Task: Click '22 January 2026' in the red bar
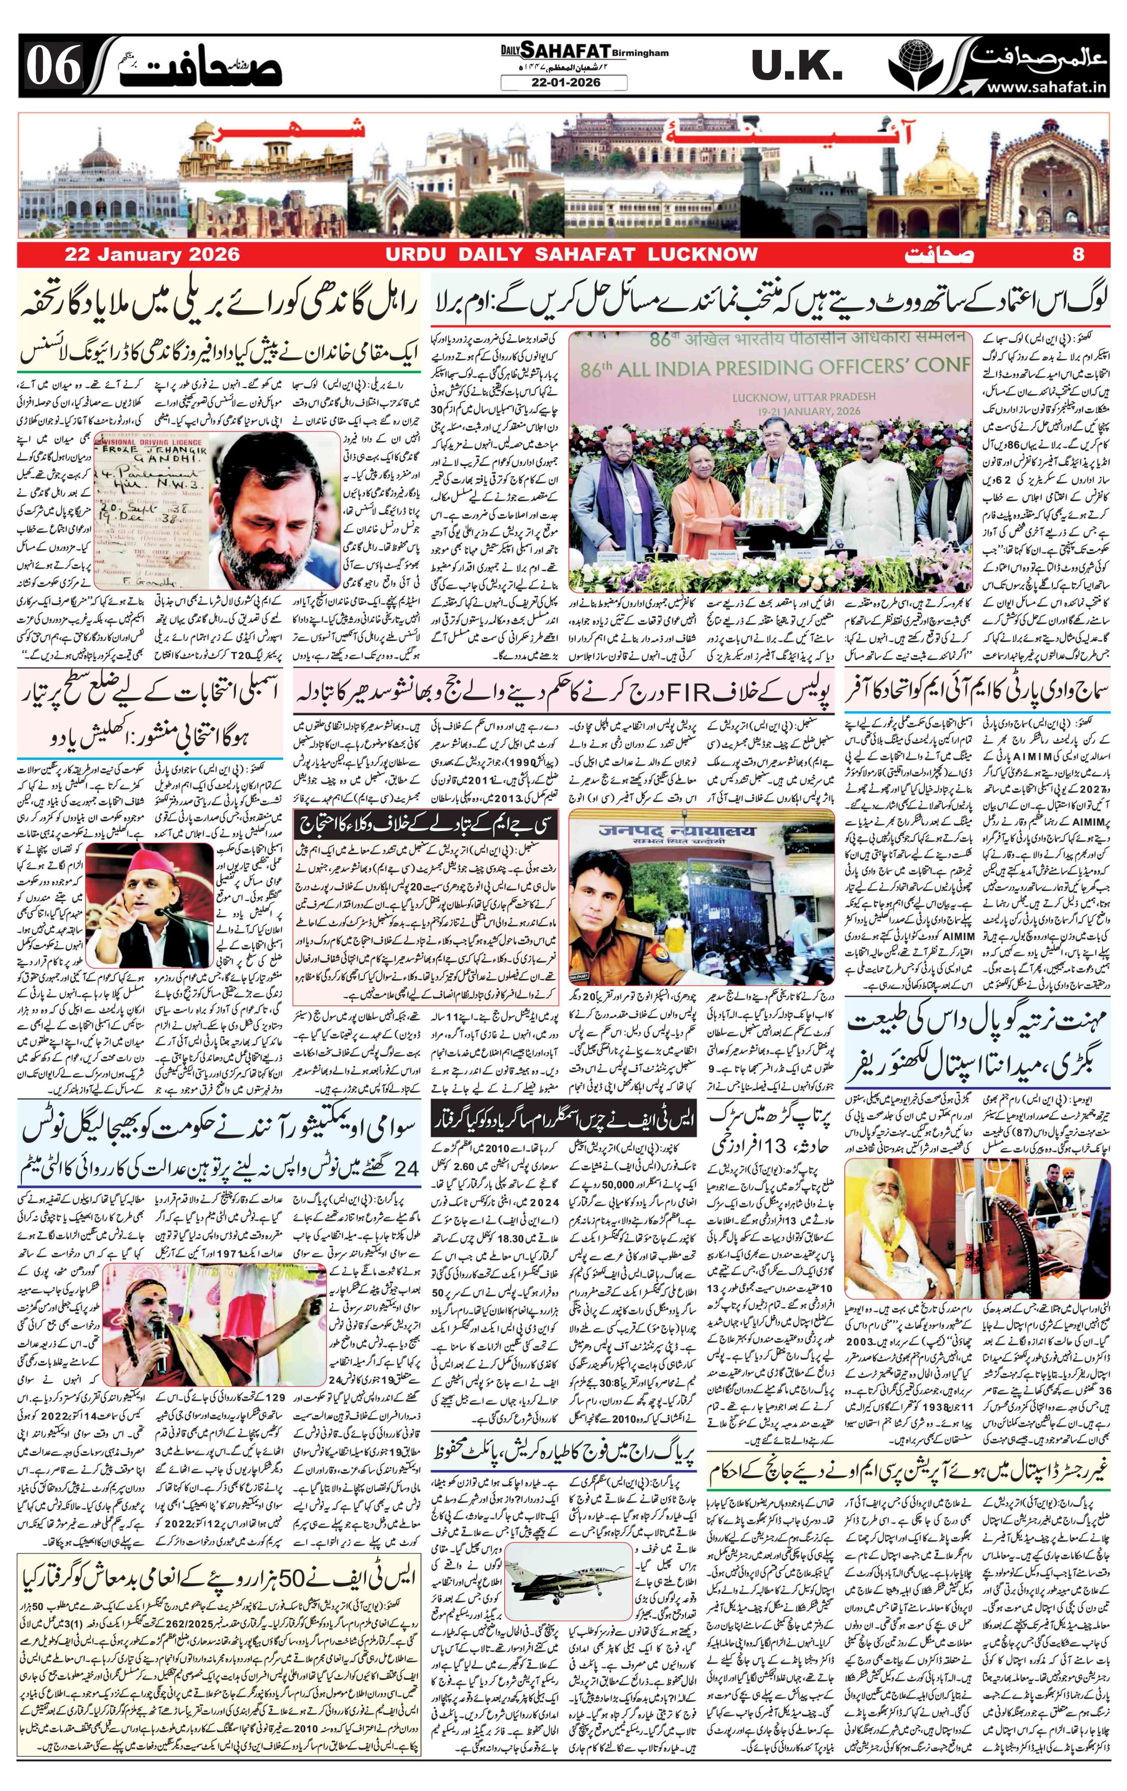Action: [153, 254]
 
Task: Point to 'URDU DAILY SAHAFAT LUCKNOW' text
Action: [571, 254]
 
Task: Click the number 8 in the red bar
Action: [1079, 254]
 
